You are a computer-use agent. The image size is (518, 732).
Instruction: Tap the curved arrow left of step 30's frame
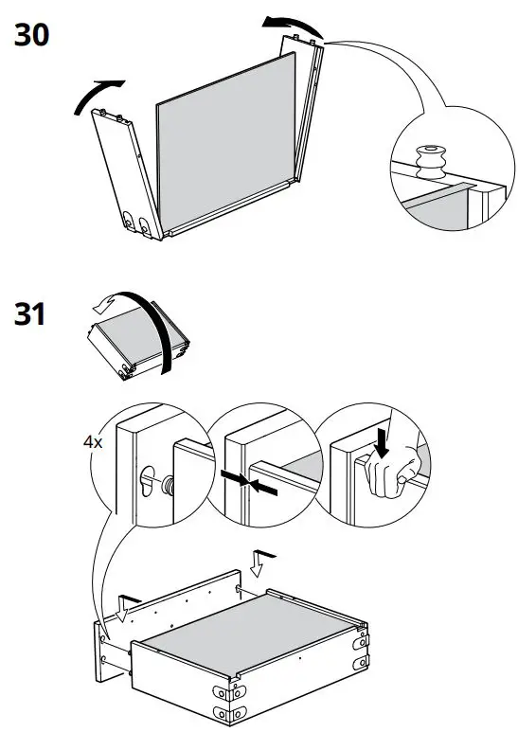[98, 94]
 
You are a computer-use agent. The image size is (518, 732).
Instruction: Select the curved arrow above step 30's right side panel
[293, 27]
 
